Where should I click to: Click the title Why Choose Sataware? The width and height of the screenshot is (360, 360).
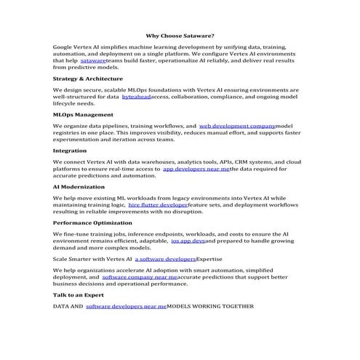click(180, 35)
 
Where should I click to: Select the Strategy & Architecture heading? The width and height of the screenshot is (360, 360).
click(83, 78)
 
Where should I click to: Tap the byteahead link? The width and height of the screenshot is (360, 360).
click(137, 96)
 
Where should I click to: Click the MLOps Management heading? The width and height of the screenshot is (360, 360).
click(83, 114)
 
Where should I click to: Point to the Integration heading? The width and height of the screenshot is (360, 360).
click(70, 151)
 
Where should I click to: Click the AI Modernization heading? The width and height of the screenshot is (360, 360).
click(79, 186)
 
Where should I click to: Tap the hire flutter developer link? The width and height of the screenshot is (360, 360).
click(158, 205)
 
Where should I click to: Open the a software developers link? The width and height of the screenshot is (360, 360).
click(166, 258)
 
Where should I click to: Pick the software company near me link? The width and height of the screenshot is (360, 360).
click(139, 277)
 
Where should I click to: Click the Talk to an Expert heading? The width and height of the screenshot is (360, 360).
click(78, 295)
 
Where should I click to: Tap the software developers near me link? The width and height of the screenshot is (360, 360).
click(126, 307)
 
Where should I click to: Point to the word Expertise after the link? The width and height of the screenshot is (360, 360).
click(211, 258)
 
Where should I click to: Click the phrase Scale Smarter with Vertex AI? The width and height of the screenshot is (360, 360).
click(92, 258)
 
